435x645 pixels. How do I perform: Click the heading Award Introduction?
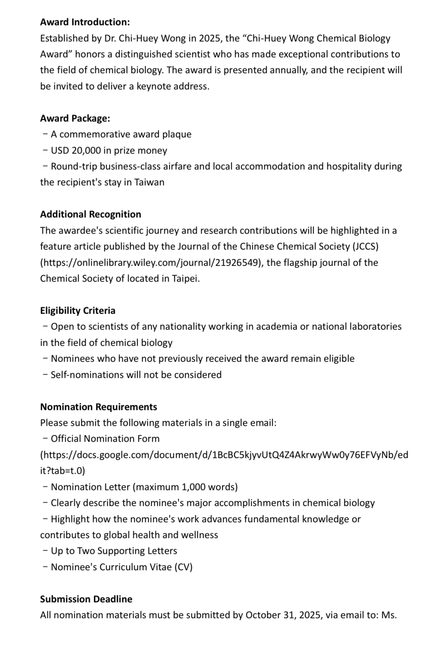(85, 22)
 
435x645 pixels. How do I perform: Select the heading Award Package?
(75, 118)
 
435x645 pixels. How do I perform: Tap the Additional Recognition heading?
(90, 214)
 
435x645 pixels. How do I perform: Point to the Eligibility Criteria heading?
(77, 311)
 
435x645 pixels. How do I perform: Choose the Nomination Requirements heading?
(99, 407)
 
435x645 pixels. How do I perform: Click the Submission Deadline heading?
(86, 599)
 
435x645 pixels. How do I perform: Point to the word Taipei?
(186, 279)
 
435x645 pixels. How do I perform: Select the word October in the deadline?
(263, 615)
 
